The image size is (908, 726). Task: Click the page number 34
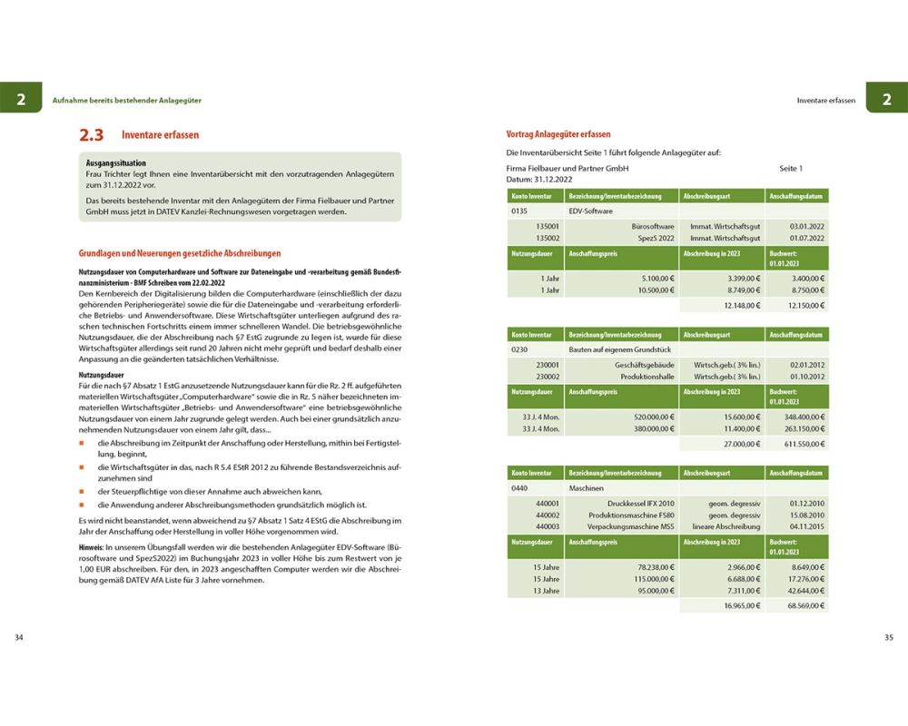pos(19,637)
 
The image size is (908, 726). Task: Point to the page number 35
pos(888,637)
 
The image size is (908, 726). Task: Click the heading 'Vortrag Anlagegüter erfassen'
pos(558,134)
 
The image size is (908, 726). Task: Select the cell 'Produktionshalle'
pos(647,376)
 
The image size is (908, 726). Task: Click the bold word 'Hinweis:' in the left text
pos(92,549)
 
